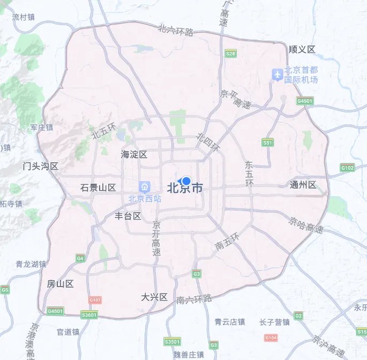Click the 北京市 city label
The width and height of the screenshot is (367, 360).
coord(185,189)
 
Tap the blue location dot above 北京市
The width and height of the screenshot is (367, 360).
coord(186,181)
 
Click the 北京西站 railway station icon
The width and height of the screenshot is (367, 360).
coord(144,187)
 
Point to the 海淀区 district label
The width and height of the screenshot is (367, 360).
coord(133,155)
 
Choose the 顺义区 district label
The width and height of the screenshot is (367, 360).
coord(302,49)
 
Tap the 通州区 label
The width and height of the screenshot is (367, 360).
coord(303,185)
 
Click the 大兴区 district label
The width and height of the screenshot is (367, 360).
coord(155,297)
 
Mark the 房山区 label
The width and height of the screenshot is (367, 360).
coord(60,284)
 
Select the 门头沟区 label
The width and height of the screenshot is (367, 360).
coord(40,166)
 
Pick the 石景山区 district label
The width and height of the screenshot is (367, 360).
coord(98,187)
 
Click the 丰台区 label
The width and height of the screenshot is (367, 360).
coord(128,216)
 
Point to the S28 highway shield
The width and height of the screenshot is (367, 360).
coord(231,54)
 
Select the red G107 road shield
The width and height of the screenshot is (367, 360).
coord(95,301)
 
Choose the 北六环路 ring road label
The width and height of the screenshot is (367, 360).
coord(176,30)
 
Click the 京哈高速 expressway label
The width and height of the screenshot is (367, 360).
coord(306,225)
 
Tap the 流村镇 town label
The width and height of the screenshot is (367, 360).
coord(23,17)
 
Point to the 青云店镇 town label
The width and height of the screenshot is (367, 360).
coord(229,322)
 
